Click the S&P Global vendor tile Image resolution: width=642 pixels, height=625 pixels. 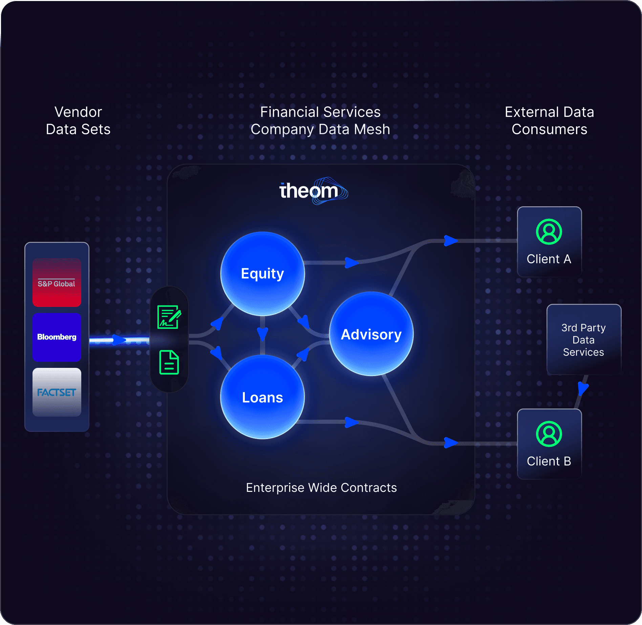pyautogui.click(x=57, y=283)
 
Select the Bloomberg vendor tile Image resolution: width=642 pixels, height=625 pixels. pyautogui.click(x=57, y=337)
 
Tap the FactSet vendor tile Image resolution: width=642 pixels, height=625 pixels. pyautogui.click(x=57, y=392)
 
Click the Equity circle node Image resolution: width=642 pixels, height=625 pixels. pyautogui.click(x=262, y=274)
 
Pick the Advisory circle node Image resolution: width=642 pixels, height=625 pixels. pyautogui.click(x=371, y=334)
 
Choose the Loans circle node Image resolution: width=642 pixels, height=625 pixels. pyautogui.click(x=262, y=397)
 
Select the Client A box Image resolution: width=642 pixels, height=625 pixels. pyautogui.click(x=549, y=242)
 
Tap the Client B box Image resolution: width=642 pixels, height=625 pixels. pyautogui.click(x=549, y=444)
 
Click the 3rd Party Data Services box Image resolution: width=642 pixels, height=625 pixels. pyautogui.click(x=583, y=340)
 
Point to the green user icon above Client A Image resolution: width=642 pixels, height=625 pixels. pyautogui.click(x=549, y=232)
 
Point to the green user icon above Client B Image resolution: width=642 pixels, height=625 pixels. pyautogui.click(x=549, y=434)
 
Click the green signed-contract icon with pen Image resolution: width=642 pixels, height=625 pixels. pyautogui.click(x=169, y=317)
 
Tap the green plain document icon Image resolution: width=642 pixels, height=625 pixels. pyautogui.click(x=169, y=362)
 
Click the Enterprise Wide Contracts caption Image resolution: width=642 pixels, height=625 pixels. pyautogui.click(x=321, y=487)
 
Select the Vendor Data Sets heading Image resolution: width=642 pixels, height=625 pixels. pyautogui.click(x=78, y=121)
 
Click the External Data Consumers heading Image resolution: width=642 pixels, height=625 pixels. pyautogui.click(x=549, y=121)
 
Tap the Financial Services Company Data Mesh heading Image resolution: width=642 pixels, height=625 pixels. pyautogui.click(x=320, y=121)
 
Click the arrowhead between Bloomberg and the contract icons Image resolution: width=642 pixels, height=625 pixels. pyautogui.click(x=119, y=340)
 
